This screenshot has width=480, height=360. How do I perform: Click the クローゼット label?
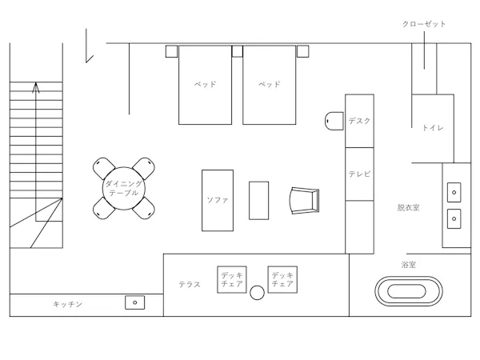[x=424, y=24]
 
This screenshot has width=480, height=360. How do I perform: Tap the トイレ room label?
[x=433, y=128]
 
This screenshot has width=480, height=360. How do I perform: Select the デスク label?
[x=359, y=121]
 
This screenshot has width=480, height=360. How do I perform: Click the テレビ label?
[x=359, y=174]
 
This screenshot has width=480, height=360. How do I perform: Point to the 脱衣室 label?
[x=408, y=207]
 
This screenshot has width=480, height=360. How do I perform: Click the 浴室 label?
[x=408, y=265]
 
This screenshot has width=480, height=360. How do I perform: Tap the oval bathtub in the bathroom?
[x=408, y=291]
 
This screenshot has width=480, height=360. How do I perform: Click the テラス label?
[x=190, y=284]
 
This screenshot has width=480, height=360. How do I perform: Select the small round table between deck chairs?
[x=257, y=293]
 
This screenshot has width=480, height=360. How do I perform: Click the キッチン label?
[x=68, y=304]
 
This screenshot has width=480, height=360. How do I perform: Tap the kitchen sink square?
[x=134, y=302]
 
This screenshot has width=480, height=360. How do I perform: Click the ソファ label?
[x=218, y=200]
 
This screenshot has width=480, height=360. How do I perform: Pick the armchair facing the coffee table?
[x=305, y=201]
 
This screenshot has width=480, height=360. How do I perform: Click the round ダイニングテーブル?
[x=124, y=188]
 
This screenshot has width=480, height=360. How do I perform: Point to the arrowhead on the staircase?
[x=36, y=87]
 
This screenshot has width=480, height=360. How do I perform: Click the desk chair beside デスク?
[x=334, y=121]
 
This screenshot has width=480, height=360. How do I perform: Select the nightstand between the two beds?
[x=238, y=51]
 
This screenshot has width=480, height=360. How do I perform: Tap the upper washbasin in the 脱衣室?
[x=454, y=192]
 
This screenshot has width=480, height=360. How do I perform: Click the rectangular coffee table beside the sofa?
[x=258, y=201]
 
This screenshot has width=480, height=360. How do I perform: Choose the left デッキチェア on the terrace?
[x=232, y=279]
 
